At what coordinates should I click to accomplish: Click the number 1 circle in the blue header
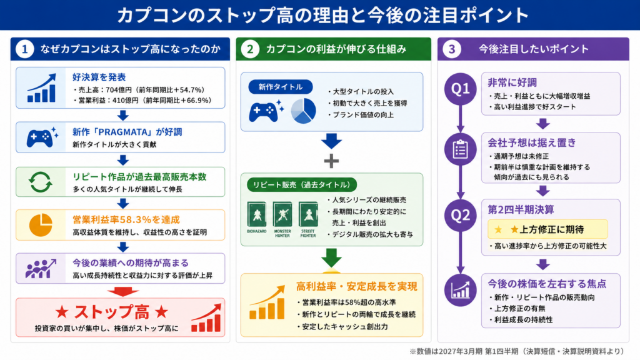coord(24,49)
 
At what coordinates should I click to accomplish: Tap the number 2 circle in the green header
coord(250,49)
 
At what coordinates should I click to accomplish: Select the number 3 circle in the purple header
coord(451,49)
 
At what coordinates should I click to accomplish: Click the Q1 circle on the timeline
coord(461,89)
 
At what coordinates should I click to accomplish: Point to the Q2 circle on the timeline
coord(461,215)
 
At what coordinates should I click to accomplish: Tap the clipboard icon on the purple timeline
coord(461,149)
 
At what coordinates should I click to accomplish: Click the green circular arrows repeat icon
coord(41,182)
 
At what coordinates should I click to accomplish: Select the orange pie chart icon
coord(41,225)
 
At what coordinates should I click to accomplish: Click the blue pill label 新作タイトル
coord(281,87)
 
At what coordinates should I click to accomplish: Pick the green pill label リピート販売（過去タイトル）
coord(302,184)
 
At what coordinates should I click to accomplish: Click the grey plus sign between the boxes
coord(331,161)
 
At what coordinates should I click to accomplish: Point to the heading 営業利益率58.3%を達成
coord(126,219)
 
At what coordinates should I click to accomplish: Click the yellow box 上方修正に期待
coord(547,229)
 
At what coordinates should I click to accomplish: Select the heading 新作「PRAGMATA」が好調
coord(127,132)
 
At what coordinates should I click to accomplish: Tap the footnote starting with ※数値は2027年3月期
coord(517,351)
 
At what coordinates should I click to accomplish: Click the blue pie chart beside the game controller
coord(303,111)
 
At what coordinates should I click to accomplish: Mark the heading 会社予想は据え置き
coord(532,142)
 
